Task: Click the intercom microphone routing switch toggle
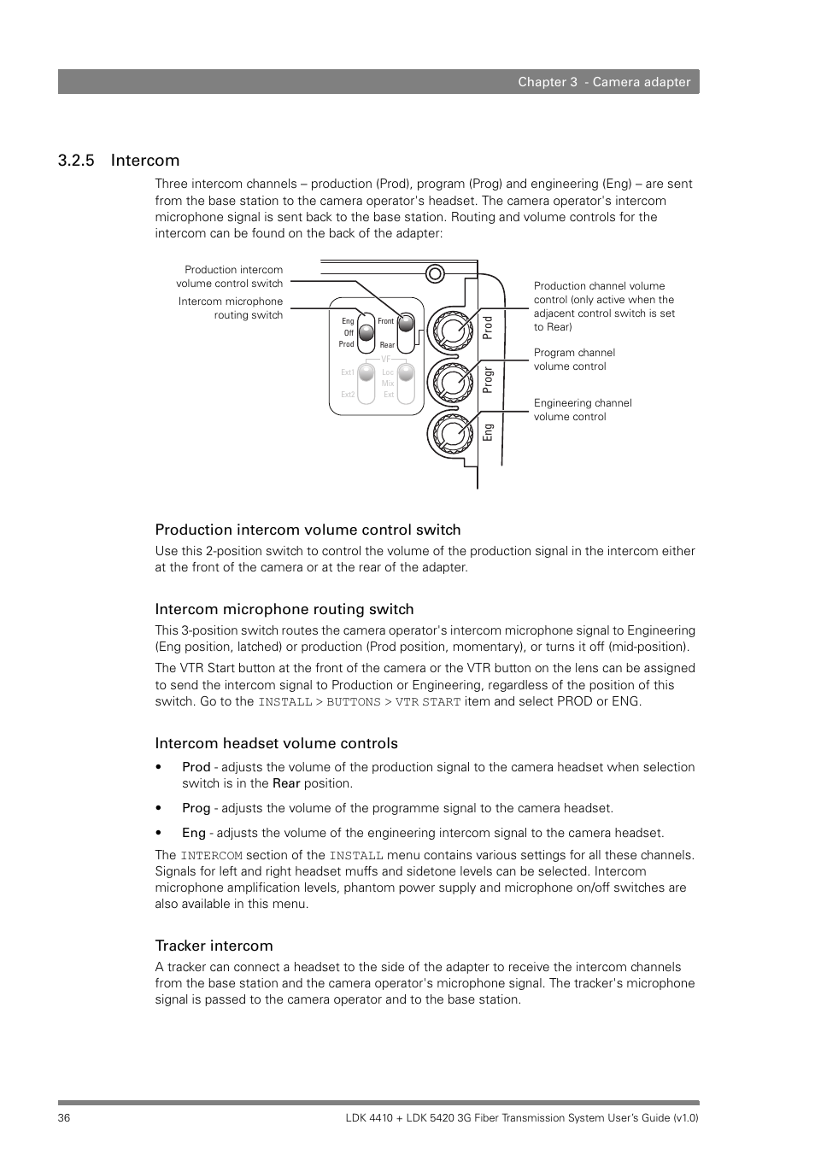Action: (x=366, y=332)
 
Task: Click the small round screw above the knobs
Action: (x=435, y=273)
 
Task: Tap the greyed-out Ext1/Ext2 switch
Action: (x=366, y=383)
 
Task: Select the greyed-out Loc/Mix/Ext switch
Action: (x=406, y=383)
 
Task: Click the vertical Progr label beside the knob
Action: (x=489, y=379)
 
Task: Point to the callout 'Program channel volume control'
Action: (x=574, y=360)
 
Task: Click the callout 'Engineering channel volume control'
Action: (x=583, y=410)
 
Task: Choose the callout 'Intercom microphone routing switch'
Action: (x=231, y=308)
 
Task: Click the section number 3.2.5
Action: (x=76, y=161)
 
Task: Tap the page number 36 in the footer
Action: (x=65, y=1118)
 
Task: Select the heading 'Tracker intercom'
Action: (x=214, y=946)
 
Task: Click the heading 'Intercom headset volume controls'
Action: (x=276, y=743)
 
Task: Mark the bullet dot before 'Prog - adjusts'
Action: (x=160, y=808)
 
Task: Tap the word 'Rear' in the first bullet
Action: (x=286, y=783)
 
